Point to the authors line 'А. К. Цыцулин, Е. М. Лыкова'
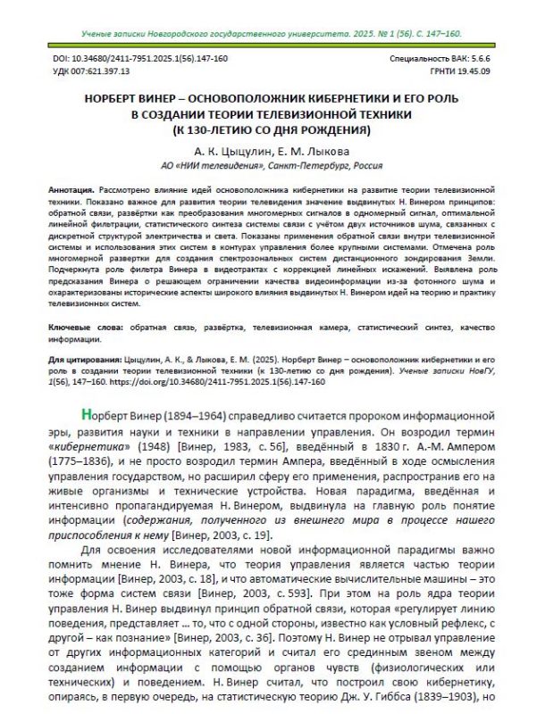point(272,153)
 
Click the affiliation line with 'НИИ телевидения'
point(272,166)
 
